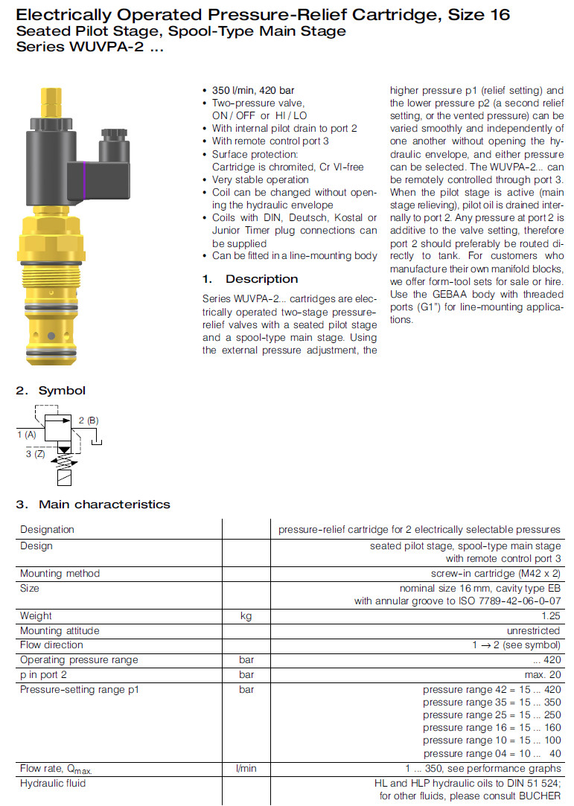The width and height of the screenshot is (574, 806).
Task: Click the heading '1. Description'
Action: pyautogui.click(x=250, y=279)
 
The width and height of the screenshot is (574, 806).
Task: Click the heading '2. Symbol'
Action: pyautogui.click(x=51, y=390)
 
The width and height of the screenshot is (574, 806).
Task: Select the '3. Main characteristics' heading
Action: pyautogui.click(x=93, y=504)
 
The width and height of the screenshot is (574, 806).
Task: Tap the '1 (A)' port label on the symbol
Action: pyautogui.click(x=26, y=434)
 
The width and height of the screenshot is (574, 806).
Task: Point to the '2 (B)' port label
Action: pyautogui.click(x=88, y=420)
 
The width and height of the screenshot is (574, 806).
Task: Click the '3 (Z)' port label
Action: pyautogui.click(x=35, y=453)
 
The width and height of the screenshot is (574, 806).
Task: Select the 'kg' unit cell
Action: pyautogui.click(x=246, y=615)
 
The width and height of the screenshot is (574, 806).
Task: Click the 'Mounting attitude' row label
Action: pyautogui.click(x=60, y=630)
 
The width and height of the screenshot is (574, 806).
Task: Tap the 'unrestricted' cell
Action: pyautogui.click(x=534, y=630)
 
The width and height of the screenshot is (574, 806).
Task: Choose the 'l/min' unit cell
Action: pyautogui.click(x=246, y=768)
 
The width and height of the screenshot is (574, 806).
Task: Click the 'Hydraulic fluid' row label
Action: pyautogui.click(x=53, y=783)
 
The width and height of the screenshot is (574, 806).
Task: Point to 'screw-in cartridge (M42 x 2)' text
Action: pyautogui.click(x=496, y=573)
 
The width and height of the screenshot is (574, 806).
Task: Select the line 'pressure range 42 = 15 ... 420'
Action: pyautogui.click(x=491, y=689)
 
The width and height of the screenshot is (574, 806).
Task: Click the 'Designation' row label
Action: pyautogui.click(x=47, y=529)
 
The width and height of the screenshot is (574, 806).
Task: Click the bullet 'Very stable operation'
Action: pyautogui.click(x=260, y=179)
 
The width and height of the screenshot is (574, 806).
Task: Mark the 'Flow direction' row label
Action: pyautogui.click(x=51, y=645)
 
